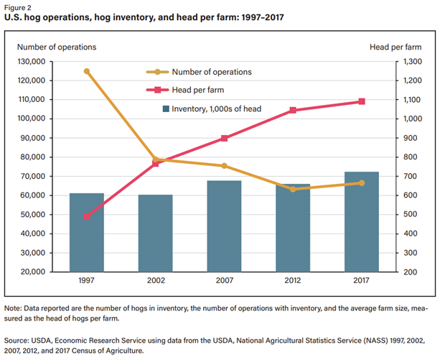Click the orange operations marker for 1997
click(x=87, y=71)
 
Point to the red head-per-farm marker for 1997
click(x=87, y=216)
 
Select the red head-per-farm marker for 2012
click(x=293, y=111)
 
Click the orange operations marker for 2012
click(x=293, y=189)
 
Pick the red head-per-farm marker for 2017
click(x=362, y=101)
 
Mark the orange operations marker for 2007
click(x=224, y=166)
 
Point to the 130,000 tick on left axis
click(x=31, y=62)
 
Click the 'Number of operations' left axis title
click(x=55, y=47)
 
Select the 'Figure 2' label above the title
click(x=19, y=7)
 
